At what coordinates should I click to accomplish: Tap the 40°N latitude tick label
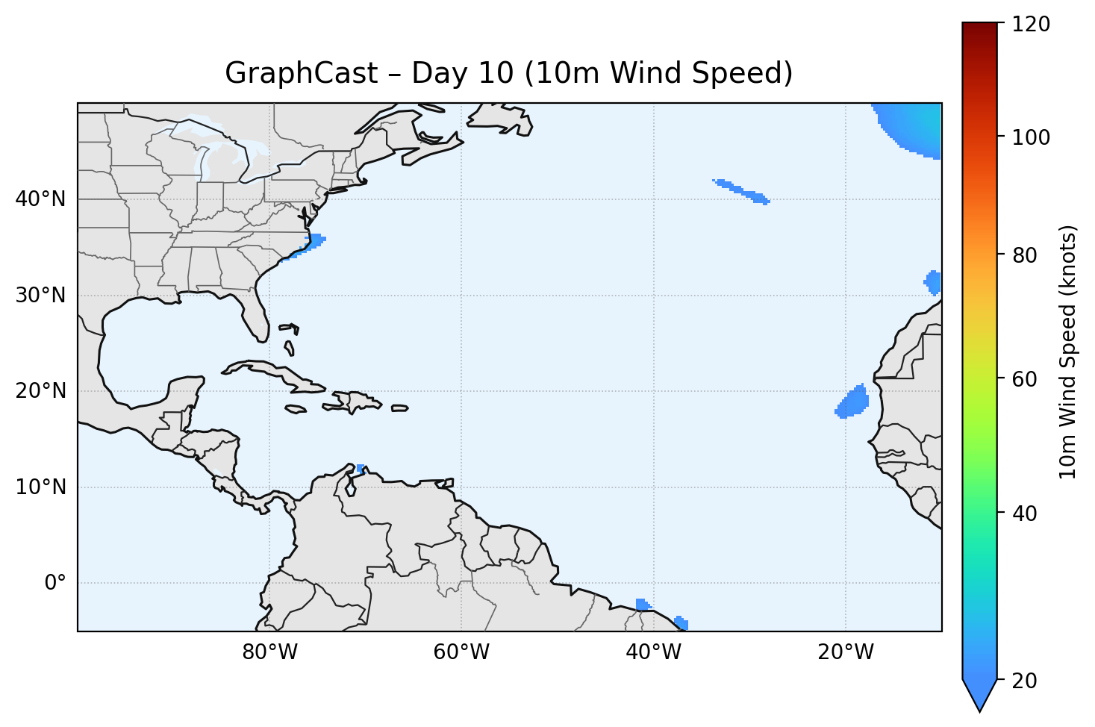pyautogui.click(x=40, y=199)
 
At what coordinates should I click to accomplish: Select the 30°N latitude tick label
pyautogui.click(x=40, y=296)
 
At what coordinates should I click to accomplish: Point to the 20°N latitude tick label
pyautogui.click(x=40, y=391)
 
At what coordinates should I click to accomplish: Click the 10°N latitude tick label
pyautogui.click(x=40, y=487)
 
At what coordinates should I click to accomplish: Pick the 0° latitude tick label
pyautogui.click(x=54, y=583)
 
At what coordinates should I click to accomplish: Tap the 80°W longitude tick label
pyautogui.click(x=269, y=652)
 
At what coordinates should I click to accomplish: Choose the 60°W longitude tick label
pyautogui.click(x=461, y=652)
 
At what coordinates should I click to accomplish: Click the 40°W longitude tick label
pyautogui.click(x=653, y=652)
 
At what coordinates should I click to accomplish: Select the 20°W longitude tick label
pyautogui.click(x=845, y=652)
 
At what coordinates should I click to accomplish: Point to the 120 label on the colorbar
pyautogui.click(x=1031, y=25)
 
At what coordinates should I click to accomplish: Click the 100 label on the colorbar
pyautogui.click(x=1031, y=137)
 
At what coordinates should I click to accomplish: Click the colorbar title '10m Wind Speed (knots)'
pyautogui.click(x=1069, y=352)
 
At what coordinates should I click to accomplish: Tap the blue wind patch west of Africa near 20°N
pyautogui.click(x=854, y=402)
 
